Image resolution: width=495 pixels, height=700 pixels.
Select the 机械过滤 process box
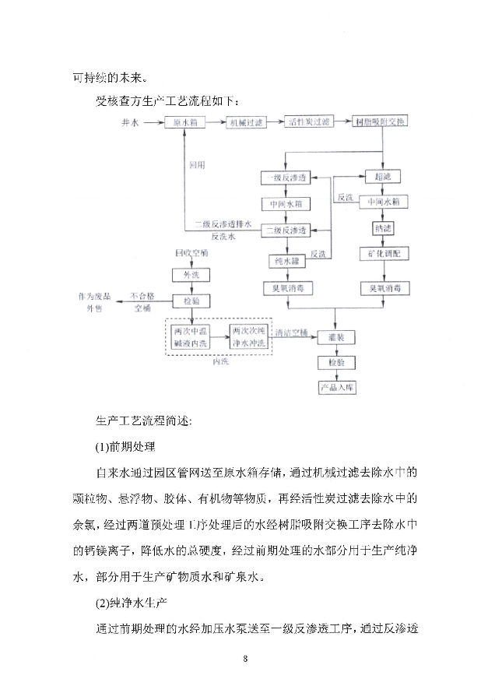pyautogui.click(x=246, y=123)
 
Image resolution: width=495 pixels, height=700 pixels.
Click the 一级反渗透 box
pyautogui.click(x=286, y=178)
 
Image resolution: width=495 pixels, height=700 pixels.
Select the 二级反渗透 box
pyautogui.click(x=286, y=230)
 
